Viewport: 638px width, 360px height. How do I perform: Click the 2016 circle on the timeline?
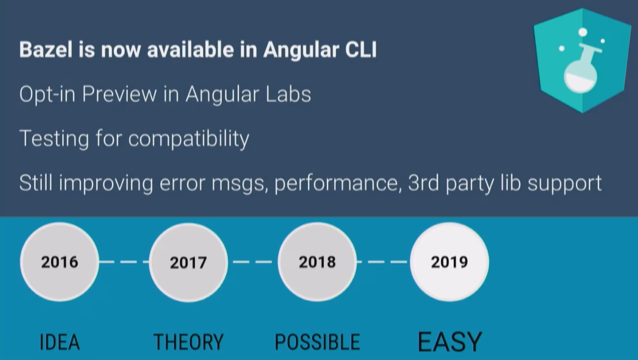(59, 262)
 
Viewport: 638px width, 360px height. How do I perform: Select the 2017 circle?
(188, 262)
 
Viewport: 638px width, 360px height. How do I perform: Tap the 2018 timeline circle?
(317, 262)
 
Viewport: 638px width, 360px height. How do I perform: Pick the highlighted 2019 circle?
(450, 262)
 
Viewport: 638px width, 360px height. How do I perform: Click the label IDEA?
(59, 342)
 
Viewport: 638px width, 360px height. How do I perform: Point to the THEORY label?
(188, 342)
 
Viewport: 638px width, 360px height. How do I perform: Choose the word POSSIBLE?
(318, 342)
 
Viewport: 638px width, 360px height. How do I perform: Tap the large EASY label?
(450, 341)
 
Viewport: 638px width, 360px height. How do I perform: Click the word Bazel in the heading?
(46, 50)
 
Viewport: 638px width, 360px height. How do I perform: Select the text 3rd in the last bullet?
(424, 183)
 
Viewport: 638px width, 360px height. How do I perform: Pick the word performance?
(338, 183)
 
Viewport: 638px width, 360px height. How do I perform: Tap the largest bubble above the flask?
(583, 32)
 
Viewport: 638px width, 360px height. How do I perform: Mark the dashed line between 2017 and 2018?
(253, 262)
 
